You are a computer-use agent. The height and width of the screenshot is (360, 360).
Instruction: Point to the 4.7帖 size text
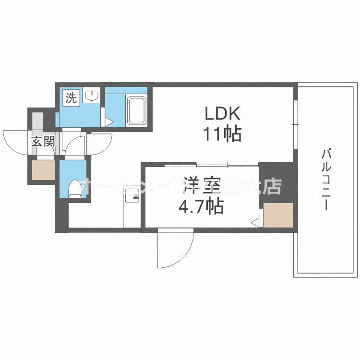point(201,206)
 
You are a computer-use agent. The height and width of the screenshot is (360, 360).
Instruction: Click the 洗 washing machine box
point(71,98)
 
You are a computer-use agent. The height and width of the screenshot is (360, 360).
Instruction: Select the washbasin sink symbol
point(92,96)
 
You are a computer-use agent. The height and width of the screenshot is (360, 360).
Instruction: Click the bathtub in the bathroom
point(137,111)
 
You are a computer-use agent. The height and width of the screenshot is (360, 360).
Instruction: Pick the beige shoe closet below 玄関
point(44,169)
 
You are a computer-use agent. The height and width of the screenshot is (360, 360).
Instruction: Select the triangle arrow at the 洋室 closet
point(256,222)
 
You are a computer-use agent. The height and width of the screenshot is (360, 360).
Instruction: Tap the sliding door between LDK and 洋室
point(211,165)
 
